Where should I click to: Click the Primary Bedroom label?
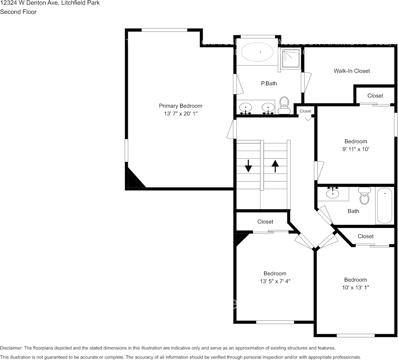[180, 106]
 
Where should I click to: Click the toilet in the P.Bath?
[284, 105]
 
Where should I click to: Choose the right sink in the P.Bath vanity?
[268, 108]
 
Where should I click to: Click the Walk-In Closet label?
[352, 71]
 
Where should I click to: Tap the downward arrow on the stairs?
[248, 166]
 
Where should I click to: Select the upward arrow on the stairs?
[275, 166]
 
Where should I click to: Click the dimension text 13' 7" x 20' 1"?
[180, 114]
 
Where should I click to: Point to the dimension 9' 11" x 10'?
[356, 150]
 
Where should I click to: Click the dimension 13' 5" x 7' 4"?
[275, 281]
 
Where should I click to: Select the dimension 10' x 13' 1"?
[355, 288]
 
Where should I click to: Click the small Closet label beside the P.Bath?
[305, 111]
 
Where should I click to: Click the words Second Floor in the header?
[18, 12]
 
